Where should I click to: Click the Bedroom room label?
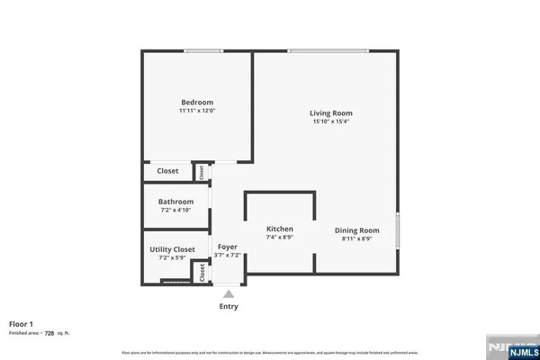tap(197, 102)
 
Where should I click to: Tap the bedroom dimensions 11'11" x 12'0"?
tap(197, 111)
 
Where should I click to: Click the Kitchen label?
tap(280, 229)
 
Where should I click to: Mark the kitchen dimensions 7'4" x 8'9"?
tap(280, 238)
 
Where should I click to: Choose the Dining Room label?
tap(357, 229)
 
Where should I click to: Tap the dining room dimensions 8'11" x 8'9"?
tap(357, 238)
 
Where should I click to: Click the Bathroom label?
tap(176, 202)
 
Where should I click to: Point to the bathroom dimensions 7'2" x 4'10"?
tap(176, 211)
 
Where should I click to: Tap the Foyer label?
tap(228, 246)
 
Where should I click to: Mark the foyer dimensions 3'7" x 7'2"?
tap(228, 256)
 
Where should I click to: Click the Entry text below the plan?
tap(229, 307)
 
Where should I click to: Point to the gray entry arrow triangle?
tap(229, 293)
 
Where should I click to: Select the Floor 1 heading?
tap(22, 323)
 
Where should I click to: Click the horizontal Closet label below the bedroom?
tap(168, 171)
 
